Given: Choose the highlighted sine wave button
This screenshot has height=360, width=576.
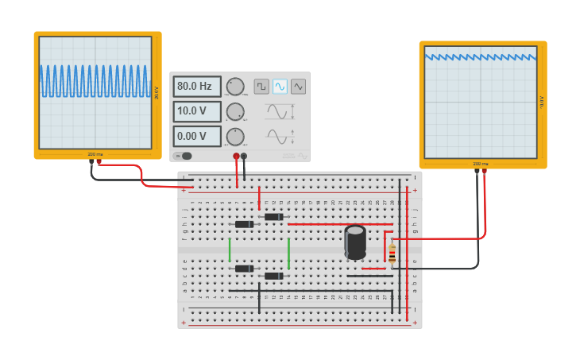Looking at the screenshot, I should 280,86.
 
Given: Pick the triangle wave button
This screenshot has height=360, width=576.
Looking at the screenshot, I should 298,86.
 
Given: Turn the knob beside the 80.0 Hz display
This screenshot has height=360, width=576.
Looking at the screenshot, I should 235,87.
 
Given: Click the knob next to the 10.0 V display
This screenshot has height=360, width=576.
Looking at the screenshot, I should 235,112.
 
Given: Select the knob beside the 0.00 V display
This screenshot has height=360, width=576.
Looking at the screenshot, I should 235,137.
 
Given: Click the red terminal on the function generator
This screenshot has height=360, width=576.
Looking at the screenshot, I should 236,157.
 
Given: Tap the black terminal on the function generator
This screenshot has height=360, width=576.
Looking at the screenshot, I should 244,157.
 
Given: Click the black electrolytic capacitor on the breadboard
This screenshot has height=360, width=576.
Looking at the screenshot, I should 355,242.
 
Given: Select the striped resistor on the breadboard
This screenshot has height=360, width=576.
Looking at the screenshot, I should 392,254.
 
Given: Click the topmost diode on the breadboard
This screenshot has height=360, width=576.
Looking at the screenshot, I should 273,216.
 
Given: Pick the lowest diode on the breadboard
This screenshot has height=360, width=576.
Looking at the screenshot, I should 273,276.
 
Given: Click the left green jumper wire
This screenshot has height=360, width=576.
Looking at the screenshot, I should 230,250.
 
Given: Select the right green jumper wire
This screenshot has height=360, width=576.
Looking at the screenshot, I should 288,253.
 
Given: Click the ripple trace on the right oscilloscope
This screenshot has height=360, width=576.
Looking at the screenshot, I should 481,56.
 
